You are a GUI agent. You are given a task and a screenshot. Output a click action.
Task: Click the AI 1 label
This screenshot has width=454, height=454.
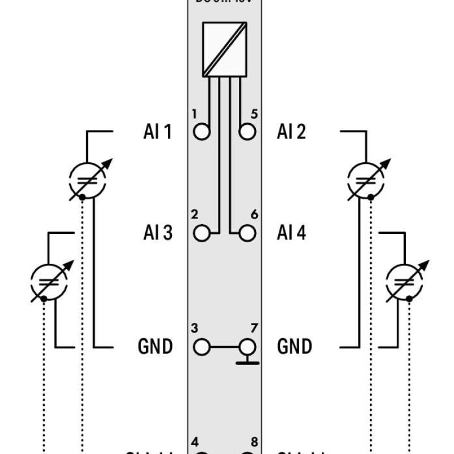click(157, 132)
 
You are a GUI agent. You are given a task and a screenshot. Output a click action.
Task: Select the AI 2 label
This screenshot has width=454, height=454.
click(291, 132)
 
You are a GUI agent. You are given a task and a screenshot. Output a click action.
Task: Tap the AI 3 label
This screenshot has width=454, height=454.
click(157, 233)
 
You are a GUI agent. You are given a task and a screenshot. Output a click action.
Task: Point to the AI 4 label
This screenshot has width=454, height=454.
click(291, 233)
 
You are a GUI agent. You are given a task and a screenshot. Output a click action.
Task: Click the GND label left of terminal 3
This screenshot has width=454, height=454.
click(155, 346)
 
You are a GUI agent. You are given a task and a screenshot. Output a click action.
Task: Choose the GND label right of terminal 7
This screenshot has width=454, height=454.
click(294, 346)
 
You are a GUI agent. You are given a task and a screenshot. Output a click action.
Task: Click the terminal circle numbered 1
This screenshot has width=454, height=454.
click(201, 132)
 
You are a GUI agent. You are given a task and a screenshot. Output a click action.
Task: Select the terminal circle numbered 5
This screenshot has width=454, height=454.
click(247, 132)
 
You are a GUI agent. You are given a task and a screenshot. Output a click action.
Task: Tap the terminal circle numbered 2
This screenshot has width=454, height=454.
click(201, 233)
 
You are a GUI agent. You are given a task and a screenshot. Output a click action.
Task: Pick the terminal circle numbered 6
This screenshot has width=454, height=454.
click(247, 233)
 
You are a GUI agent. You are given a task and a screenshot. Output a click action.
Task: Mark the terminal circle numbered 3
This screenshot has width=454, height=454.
click(201, 346)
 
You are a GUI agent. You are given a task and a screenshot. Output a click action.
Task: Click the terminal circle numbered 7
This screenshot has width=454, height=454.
click(247, 346)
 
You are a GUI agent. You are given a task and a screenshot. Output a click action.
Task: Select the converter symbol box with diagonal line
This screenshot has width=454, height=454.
click(224, 49)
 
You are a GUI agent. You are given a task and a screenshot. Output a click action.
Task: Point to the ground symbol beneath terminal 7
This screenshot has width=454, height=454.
click(247, 361)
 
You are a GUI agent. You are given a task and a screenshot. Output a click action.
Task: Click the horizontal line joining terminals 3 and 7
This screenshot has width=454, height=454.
click(224, 346)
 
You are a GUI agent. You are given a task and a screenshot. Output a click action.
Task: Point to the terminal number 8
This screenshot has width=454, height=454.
click(254, 442)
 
